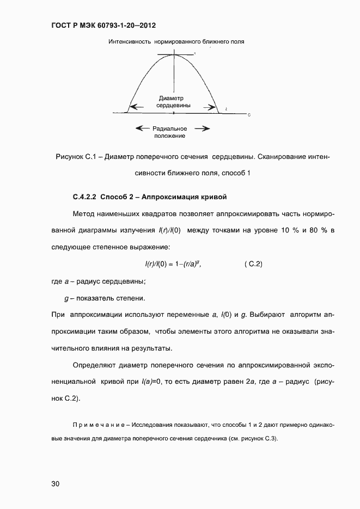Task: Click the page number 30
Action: click(x=56, y=483)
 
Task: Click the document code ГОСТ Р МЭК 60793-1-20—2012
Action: click(x=100, y=26)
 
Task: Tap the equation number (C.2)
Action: click(x=253, y=264)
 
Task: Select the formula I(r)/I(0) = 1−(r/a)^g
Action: click(x=169, y=264)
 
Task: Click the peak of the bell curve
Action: click(x=174, y=55)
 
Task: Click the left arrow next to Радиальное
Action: click(x=142, y=128)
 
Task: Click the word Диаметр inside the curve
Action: click(x=174, y=99)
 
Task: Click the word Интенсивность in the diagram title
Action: click(x=130, y=41)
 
